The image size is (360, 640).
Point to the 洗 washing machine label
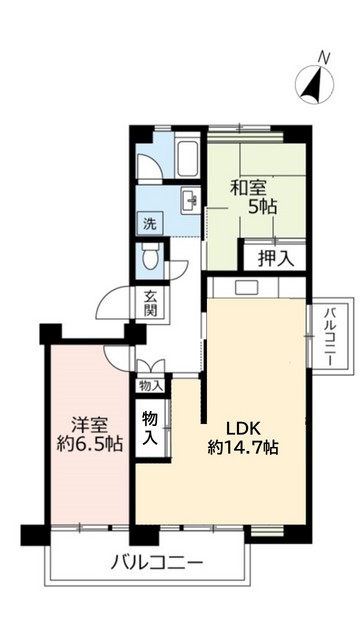(x=148, y=222)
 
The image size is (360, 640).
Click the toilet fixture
(x=150, y=258)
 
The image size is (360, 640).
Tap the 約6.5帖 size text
(x=90, y=444)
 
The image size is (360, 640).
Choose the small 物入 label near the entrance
(x=151, y=385)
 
